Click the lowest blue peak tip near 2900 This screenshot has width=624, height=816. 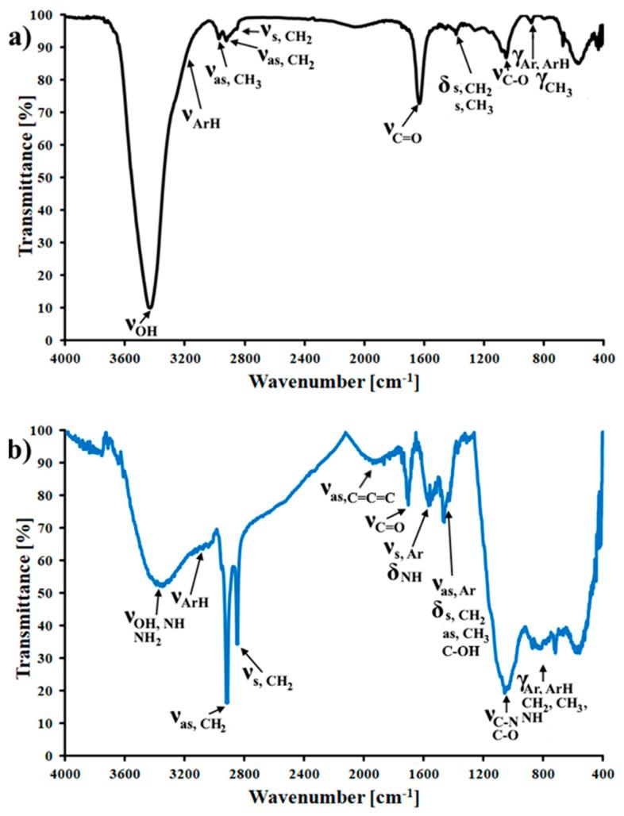pyautogui.click(x=227, y=702)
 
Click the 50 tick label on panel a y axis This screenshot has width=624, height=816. pyautogui.click(x=48, y=178)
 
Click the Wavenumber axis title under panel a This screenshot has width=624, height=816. pyautogui.click(x=333, y=382)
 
